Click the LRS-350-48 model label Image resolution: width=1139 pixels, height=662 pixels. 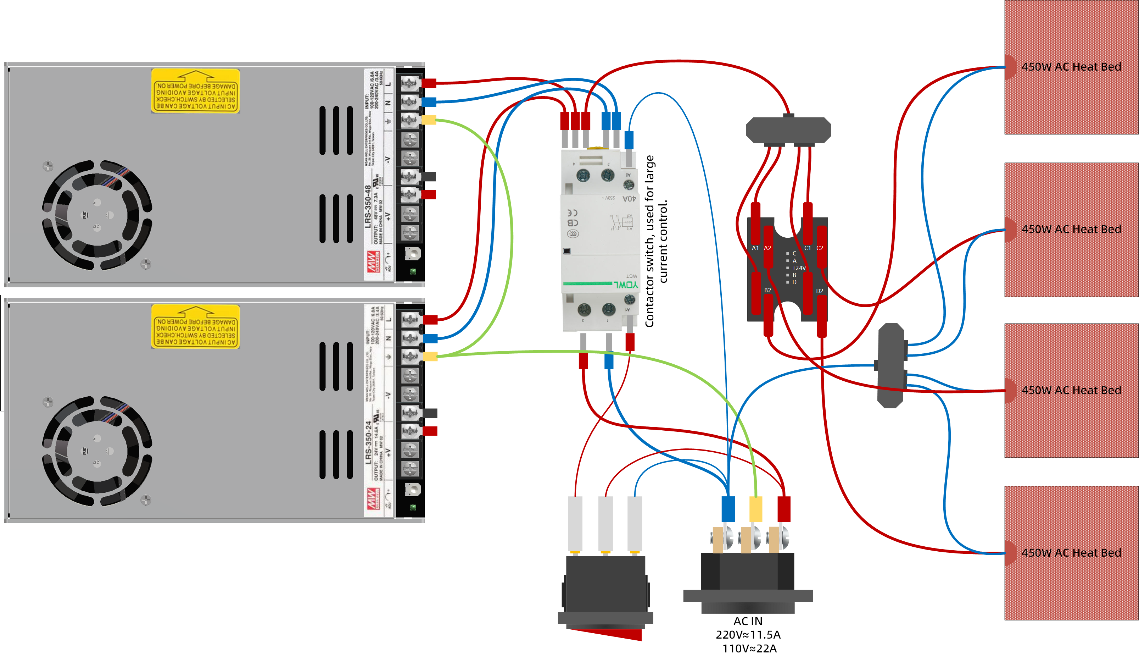pos(368,206)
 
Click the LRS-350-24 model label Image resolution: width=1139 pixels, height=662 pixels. pos(368,442)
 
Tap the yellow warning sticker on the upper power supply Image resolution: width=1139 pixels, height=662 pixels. pos(195,91)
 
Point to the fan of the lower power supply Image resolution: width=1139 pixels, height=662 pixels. pos(97,451)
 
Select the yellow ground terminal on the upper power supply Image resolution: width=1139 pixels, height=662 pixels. pos(429,120)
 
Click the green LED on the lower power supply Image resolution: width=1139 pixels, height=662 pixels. pos(413,507)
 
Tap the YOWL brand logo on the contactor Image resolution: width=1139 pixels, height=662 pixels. pos(626,285)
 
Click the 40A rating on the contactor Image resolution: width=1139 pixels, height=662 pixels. pos(629,199)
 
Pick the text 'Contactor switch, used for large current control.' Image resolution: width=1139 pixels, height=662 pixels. pos(655,241)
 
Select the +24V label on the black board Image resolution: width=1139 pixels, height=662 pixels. pos(799,268)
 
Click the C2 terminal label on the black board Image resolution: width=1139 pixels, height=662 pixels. pos(820,248)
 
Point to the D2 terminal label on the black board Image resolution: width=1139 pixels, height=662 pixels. pos(820,291)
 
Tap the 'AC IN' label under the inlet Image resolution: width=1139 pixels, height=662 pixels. pos(748,621)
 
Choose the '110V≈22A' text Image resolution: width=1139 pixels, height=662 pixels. pos(749,649)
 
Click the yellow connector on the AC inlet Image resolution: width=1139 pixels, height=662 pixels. pos(756,509)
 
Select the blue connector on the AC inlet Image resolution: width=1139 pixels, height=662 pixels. pos(728,509)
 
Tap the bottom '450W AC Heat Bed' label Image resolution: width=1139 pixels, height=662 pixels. pos(1071,553)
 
